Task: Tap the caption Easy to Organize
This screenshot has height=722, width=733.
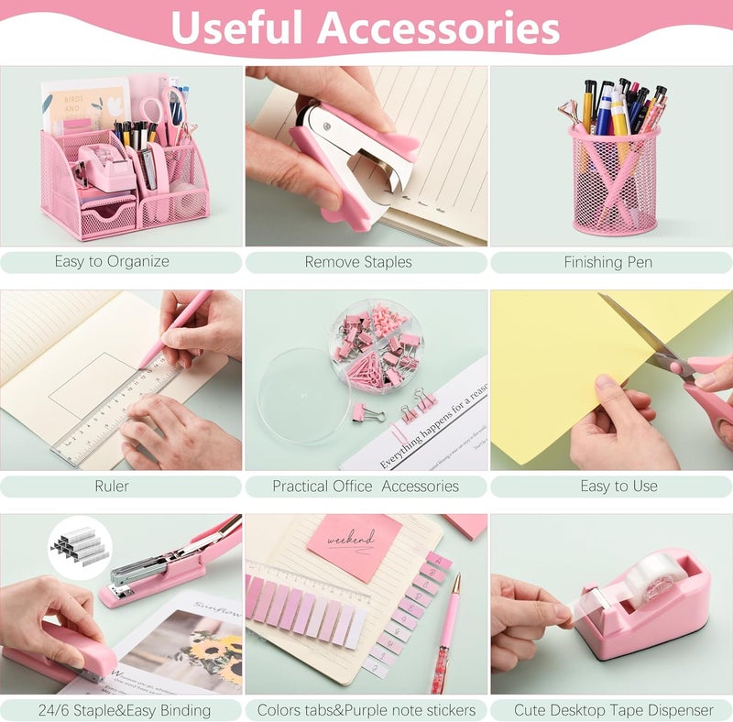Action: (112, 261)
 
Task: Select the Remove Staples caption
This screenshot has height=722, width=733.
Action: (358, 261)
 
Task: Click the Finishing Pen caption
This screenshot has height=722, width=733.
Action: (607, 261)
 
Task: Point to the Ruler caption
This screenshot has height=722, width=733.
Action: (112, 486)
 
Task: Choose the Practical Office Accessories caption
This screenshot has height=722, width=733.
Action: (366, 486)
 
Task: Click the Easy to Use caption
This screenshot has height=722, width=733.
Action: (618, 486)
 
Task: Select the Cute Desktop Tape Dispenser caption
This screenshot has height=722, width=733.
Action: (613, 710)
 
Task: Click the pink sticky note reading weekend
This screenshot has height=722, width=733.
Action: (353, 545)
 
